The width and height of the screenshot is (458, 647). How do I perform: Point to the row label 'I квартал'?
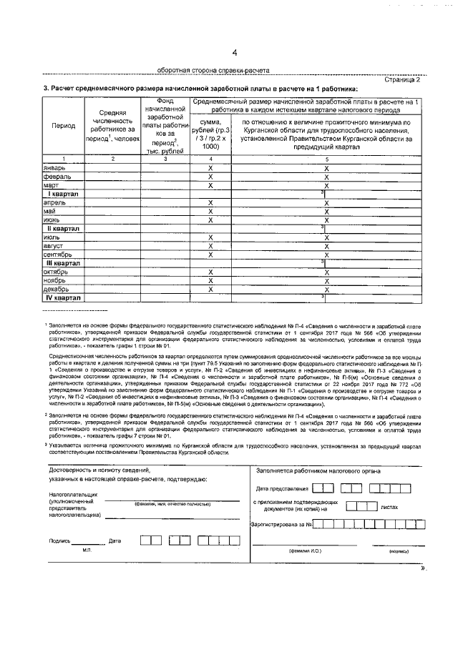[x=64, y=194]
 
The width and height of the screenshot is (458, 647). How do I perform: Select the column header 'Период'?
[x=64, y=126]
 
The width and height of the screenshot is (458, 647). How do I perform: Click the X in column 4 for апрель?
[x=210, y=203]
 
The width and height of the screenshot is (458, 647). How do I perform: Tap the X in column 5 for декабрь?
[x=326, y=289]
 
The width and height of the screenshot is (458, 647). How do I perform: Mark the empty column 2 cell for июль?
[x=112, y=237]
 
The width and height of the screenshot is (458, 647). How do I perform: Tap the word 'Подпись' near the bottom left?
[x=59, y=541]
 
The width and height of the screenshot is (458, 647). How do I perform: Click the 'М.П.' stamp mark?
[x=87, y=550]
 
